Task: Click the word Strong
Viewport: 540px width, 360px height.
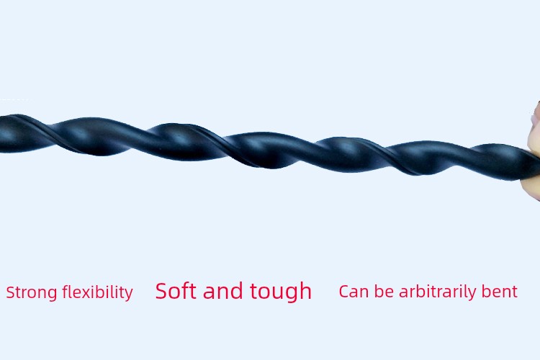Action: (32, 293)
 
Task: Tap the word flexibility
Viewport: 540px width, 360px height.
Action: (97, 293)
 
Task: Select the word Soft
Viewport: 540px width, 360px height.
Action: (175, 291)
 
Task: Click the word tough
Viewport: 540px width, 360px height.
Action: (281, 292)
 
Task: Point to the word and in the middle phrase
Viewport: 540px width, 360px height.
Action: (222, 291)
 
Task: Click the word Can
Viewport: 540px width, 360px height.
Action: (354, 292)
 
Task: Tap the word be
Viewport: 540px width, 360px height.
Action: (384, 291)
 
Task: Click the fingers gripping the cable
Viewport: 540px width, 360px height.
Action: (534, 152)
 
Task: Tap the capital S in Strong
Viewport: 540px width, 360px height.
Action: (11, 292)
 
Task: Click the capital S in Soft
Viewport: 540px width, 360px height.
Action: (162, 291)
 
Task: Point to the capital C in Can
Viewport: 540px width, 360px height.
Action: (343, 292)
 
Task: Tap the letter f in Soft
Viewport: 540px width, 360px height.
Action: (185, 290)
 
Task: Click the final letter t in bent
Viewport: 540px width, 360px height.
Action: (514, 292)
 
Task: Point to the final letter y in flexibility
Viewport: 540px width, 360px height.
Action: (128, 295)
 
